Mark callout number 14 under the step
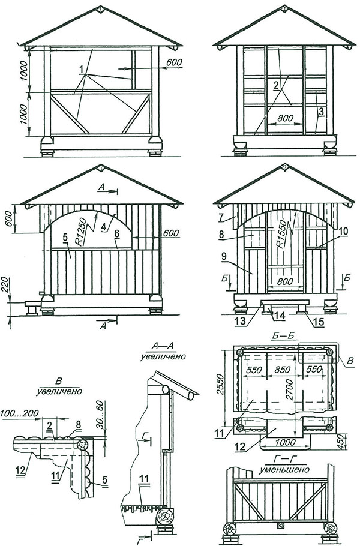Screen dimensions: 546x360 click(x=278, y=314)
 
